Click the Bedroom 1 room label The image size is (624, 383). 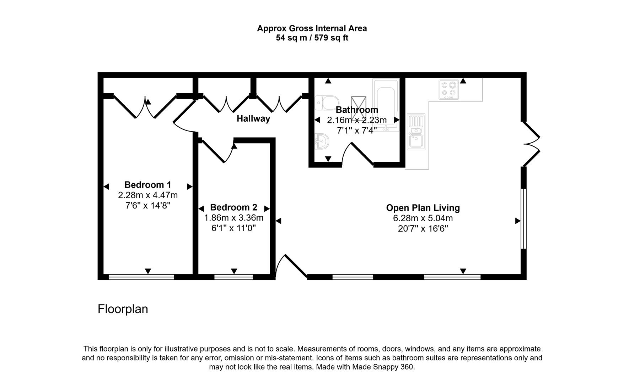pyautogui.click(x=148, y=185)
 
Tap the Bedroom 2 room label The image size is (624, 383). pyautogui.click(x=233, y=207)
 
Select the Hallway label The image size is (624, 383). pyautogui.click(x=253, y=118)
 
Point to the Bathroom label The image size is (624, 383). pyautogui.click(x=357, y=110)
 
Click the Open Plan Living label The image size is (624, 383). pyautogui.click(x=423, y=208)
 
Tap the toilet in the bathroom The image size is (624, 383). pyautogui.click(x=324, y=103)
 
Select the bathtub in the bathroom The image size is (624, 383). pyautogui.click(x=386, y=105)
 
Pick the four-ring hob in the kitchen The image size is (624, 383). pyautogui.click(x=448, y=89)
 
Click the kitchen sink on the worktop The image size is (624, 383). pyautogui.click(x=416, y=132)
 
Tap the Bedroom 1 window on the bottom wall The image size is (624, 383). pyautogui.click(x=141, y=277)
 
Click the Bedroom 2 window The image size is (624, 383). pyautogui.click(x=233, y=277)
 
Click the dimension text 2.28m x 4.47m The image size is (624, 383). pyautogui.click(x=148, y=195)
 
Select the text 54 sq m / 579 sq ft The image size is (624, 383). pyautogui.click(x=312, y=38)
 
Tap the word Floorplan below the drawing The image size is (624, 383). pyautogui.click(x=123, y=309)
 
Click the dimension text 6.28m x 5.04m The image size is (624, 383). pyautogui.click(x=423, y=218)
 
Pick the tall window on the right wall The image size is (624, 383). pyautogui.click(x=523, y=219)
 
